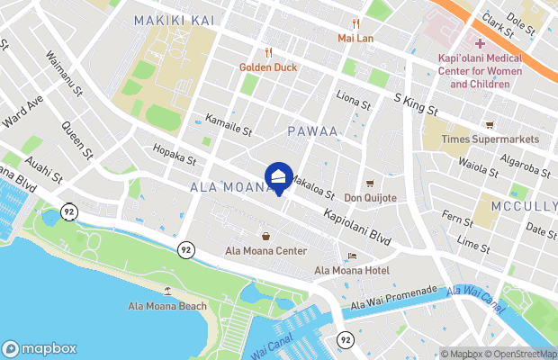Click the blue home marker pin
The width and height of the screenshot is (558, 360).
[279, 176]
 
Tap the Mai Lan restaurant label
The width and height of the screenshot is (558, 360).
[355, 39]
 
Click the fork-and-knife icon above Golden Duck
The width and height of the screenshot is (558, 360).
[268, 53]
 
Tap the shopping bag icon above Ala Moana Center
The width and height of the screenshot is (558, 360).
[266, 236]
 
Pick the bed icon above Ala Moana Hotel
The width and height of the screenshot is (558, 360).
[352, 256]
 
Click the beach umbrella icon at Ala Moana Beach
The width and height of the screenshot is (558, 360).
[168, 291]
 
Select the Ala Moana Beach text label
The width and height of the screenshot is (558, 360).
[167, 306]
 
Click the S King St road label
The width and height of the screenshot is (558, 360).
[417, 102]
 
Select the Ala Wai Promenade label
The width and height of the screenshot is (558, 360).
[393, 298]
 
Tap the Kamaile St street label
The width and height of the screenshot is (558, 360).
[227, 125]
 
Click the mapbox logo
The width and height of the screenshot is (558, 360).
[40, 348]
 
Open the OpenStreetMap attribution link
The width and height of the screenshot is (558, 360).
[523, 354]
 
